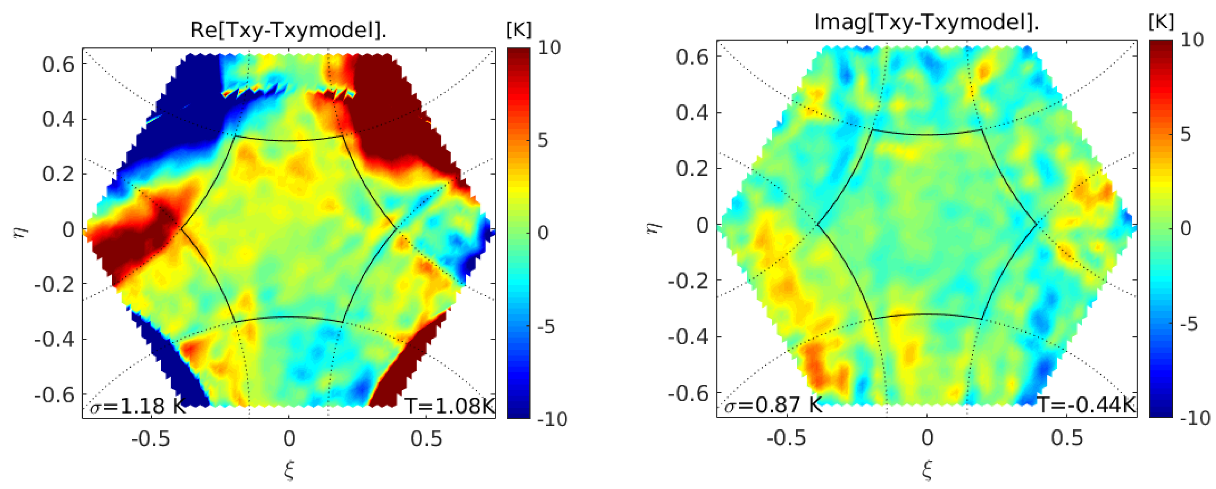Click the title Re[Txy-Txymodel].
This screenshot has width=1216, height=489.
click(x=289, y=30)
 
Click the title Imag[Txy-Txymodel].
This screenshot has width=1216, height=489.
click(x=926, y=22)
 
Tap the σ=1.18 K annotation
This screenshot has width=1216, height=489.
click(x=138, y=406)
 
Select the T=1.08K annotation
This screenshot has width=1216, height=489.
click(x=449, y=406)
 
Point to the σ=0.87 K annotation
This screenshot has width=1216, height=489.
click(x=773, y=405)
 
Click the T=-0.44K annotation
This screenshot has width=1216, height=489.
click(x=1086, y=405)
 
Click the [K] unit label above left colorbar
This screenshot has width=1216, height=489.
click(x=519, y=30)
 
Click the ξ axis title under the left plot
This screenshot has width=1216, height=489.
click(x=289, y=470)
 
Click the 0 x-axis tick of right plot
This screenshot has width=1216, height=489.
click(x=927, y=438)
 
